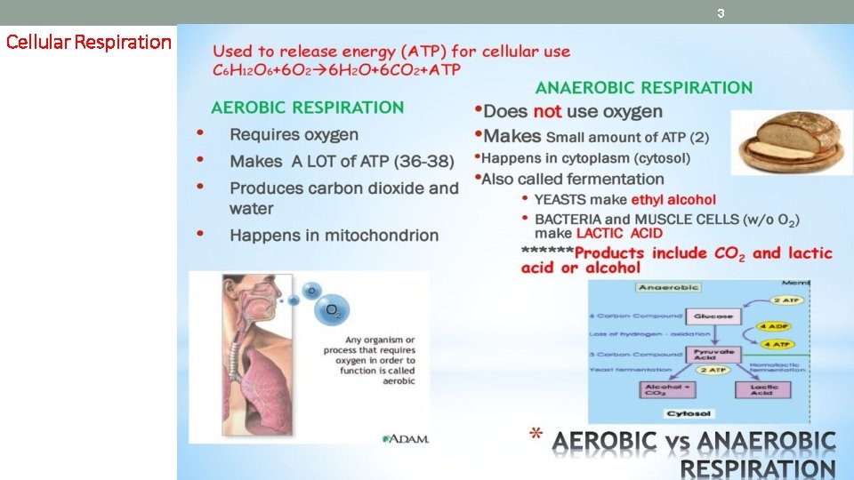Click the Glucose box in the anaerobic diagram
[713, 316]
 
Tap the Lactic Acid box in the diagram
[761, 389]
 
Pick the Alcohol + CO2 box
[667, 389]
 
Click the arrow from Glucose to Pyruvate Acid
[713, 335]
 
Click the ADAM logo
[407, 438]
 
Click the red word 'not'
[547, 112]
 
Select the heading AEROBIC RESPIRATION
[307, 108]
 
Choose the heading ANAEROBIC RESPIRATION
[643, 87]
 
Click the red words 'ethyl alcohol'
[673, 200]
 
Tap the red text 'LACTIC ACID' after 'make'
[619, 233]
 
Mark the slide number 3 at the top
[721, 13]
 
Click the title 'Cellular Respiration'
[88, 42]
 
